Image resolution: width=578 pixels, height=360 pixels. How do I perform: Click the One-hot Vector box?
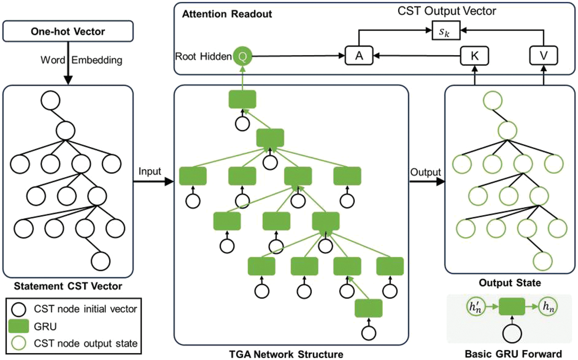click(68, 31)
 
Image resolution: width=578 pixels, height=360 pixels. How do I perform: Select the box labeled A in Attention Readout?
click(359, 56)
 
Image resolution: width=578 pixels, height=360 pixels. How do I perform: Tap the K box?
click(474, 56)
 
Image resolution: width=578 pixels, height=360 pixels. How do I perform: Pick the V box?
click(543, 56)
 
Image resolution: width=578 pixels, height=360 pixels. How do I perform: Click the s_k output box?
click(445, 31)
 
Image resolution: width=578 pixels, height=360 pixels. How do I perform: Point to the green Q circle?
click(243, 57)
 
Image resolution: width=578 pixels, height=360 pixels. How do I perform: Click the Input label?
click(150, 171)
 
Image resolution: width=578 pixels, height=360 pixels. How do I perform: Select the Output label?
click(425, 172)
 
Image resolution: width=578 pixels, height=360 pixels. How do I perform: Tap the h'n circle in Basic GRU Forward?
click(475, 307)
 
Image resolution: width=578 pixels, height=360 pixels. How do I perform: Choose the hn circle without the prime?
click(548, 307)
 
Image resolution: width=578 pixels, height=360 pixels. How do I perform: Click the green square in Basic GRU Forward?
click(512, 306)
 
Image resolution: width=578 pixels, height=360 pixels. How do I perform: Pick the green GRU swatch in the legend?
click(18, 326)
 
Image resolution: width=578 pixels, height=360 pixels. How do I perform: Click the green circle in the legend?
click(18, 343)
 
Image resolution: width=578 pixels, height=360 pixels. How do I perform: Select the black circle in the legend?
click(18, 309)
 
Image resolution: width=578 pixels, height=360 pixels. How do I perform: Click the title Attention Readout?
click(227, 14)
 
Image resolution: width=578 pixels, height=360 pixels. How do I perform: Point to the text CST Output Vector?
click(447, 11)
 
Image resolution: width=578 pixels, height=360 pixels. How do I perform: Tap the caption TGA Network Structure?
click(286, 354)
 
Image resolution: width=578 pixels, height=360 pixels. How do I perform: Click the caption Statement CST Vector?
click(68, 286)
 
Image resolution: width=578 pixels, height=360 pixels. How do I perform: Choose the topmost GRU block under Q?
click(242, 99)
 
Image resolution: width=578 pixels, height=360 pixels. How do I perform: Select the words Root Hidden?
click(203, 57)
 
